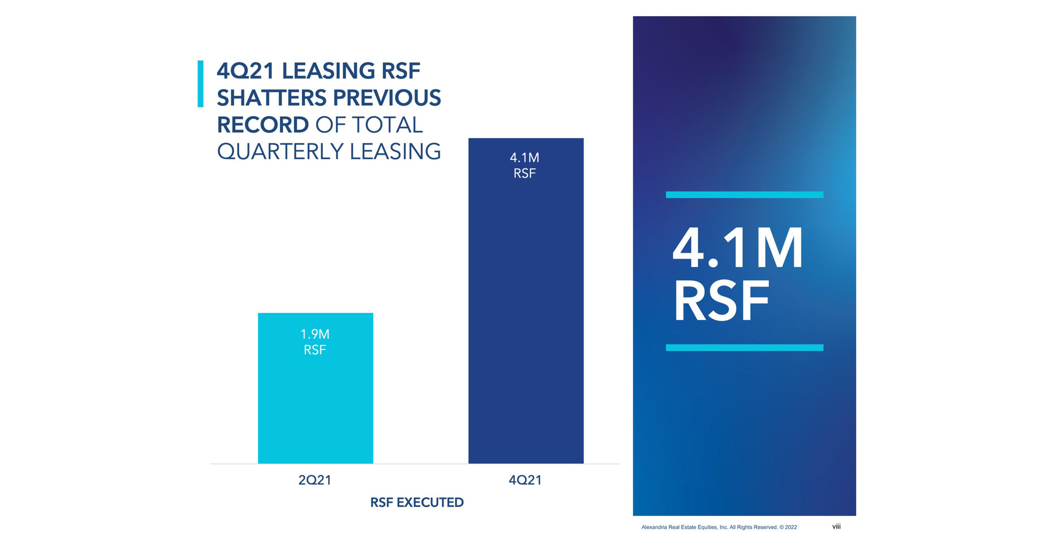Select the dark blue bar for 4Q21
(x=525, y=314)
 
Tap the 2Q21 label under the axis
(x=314, y=480)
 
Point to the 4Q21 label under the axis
(x=525, y=480)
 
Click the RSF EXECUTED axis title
(x=417, y=502)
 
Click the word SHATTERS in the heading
(x=272, y=98)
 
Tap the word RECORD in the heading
(x=263, y=125)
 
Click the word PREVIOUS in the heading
(x=387, y=98)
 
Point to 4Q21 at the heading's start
(x=245, y=71)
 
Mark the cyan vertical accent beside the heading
(x=200, y=84)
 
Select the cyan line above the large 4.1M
(x=744, y=195)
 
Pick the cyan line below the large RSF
(x=744, y=348)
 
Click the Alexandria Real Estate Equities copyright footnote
(x=719, y=527)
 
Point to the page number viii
(x=836, y=527)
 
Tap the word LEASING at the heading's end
(x=395, y=152)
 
